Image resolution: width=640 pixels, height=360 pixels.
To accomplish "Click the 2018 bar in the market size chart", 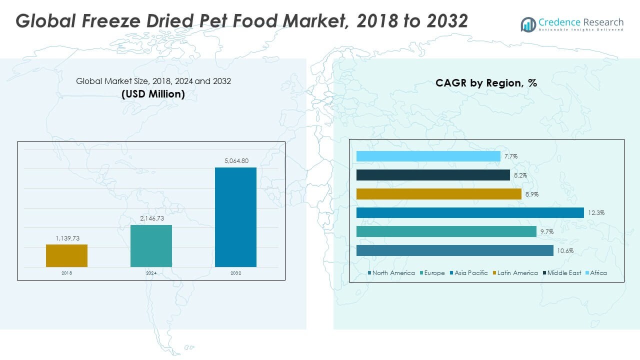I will click(x=66, y=255).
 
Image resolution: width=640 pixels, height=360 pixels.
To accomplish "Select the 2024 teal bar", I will click(x=151, y=245).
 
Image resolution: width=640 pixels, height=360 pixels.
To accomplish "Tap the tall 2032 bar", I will click(x=235, y=217).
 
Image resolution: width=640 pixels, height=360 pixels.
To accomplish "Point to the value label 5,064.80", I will click(x=235, y=161).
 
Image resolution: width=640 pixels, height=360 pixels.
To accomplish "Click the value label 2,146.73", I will click(x=151, y=218).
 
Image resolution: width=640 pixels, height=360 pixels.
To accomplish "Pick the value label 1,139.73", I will click(x=66, y=238).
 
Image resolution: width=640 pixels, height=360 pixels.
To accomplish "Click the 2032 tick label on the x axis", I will click(x=235, y=273).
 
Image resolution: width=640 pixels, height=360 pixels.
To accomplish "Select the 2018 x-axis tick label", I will click(x=66, y=273).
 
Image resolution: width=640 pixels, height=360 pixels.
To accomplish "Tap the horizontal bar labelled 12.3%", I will click(x=470, y=213).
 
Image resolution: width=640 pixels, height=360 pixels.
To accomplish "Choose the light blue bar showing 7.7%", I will click(x=428, y=156).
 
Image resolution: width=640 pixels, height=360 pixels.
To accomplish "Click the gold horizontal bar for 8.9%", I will click(x=439, y=194).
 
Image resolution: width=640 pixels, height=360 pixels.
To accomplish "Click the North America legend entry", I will click(x=391, y=273).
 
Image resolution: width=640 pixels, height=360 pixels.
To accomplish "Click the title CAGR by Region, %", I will click(x=486, y=83).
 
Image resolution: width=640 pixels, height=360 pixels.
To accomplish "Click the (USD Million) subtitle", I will click(x=153, y=94).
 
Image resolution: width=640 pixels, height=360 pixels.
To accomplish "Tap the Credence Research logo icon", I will click(x=528, y=23).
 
